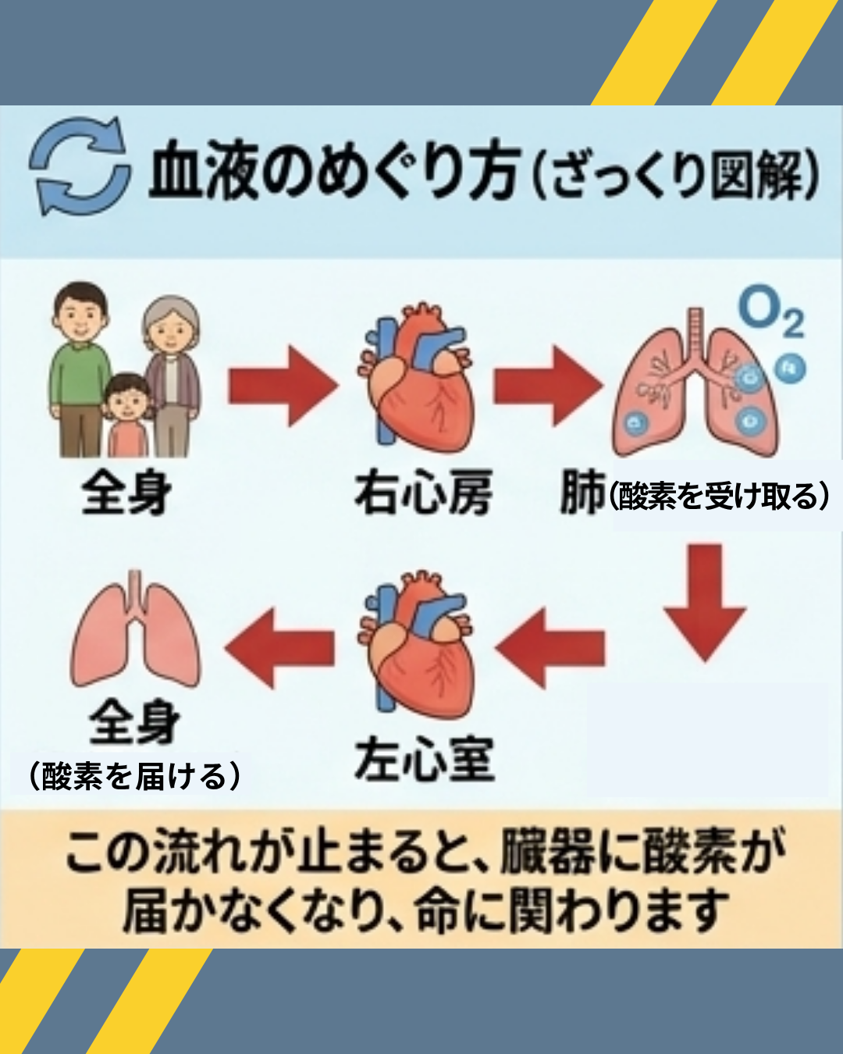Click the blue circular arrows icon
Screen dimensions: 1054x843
(79, 166)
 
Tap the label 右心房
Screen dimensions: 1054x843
(423, 493)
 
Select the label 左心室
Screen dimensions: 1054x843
(424, 759)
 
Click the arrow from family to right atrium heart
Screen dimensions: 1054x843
(283, 386)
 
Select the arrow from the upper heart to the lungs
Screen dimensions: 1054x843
(548, 386)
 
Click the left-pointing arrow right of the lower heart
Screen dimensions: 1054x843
(550, 647)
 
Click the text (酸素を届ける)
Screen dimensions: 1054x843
(134, 776)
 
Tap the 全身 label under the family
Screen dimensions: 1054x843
(126, 493)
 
